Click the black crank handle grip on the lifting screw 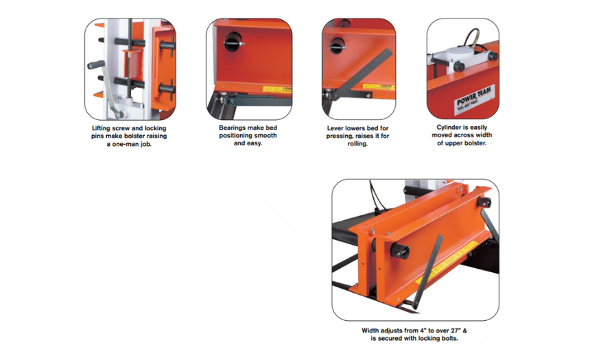click(x=96, y=64)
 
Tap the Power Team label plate click(x=475, y=100)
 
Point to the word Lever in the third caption click(x=335, y=128)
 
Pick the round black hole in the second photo click(x=233, y=42)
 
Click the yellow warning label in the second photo click(x=277, y=90)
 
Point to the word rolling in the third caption click(x=357, y=143)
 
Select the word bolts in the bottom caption click(x=449, y=338)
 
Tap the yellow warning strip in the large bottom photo click(x=447, y=263)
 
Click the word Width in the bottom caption click(x=370, y=331)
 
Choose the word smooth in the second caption click(x=265, y=135)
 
